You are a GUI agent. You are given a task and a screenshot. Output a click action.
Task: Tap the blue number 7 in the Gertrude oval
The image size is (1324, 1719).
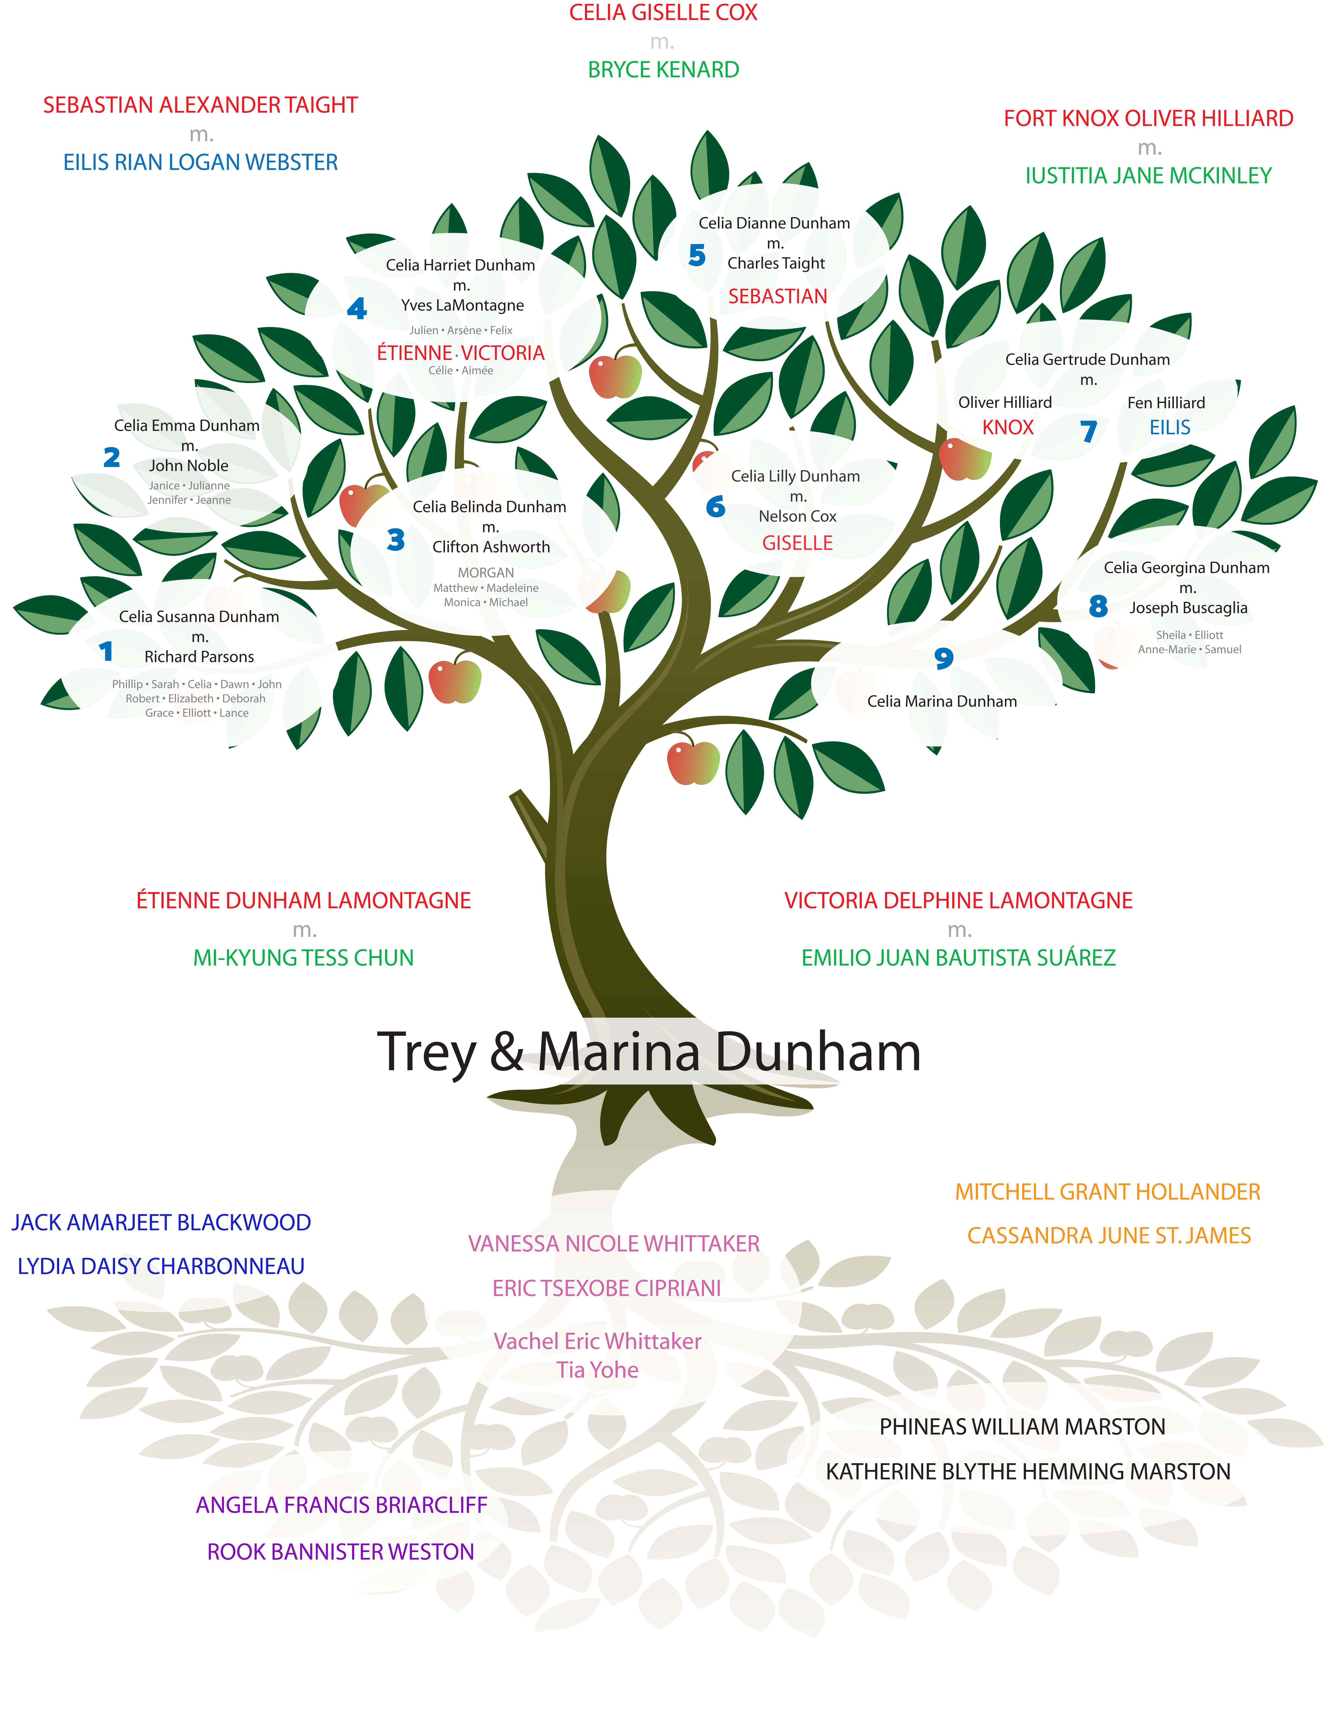click(x=1089, y=431)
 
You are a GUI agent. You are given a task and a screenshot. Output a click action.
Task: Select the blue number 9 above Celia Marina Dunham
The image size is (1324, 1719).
click(x=944, y=658)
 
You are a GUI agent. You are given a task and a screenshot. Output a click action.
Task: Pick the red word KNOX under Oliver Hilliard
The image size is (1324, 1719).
click(x=1008, y=427)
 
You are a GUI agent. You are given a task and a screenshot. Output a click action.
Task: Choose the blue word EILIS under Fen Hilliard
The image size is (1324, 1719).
click(x=1170, y=427)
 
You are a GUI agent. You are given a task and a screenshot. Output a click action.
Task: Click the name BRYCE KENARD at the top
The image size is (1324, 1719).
click(x=664, y=70)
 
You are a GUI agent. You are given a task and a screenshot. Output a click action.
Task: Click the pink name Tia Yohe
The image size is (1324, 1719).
click(x=597, y=1370)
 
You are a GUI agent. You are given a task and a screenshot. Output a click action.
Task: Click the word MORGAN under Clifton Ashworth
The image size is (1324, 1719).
click(x=486, y=573)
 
